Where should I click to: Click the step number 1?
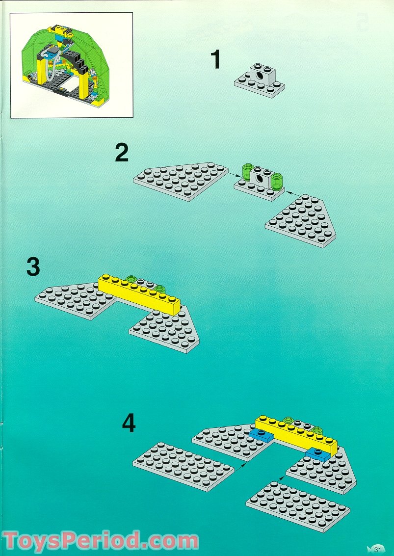point(215,60)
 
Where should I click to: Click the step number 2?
point(122,153)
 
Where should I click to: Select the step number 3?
point(33,268)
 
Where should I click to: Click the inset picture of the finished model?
point(72,65)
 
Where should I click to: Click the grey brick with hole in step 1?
point(259,75)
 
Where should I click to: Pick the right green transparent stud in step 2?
point(277,181)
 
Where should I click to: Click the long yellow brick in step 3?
point(139,293)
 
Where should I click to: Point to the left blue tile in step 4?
point(261,434)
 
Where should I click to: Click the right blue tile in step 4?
point(318,454)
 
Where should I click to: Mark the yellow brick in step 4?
point(296,433)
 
